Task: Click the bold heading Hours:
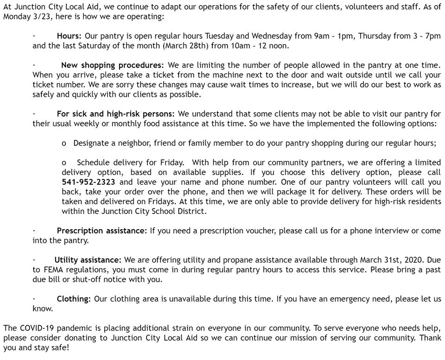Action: click(69, 36)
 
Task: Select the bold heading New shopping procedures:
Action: click(113, 65)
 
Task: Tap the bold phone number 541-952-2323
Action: click(88, 182)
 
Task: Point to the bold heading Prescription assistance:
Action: click(102, 231)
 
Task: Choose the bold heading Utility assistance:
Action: click(88, 260)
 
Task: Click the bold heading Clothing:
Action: click(74, 299)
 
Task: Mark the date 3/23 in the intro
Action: click(35, 16)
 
